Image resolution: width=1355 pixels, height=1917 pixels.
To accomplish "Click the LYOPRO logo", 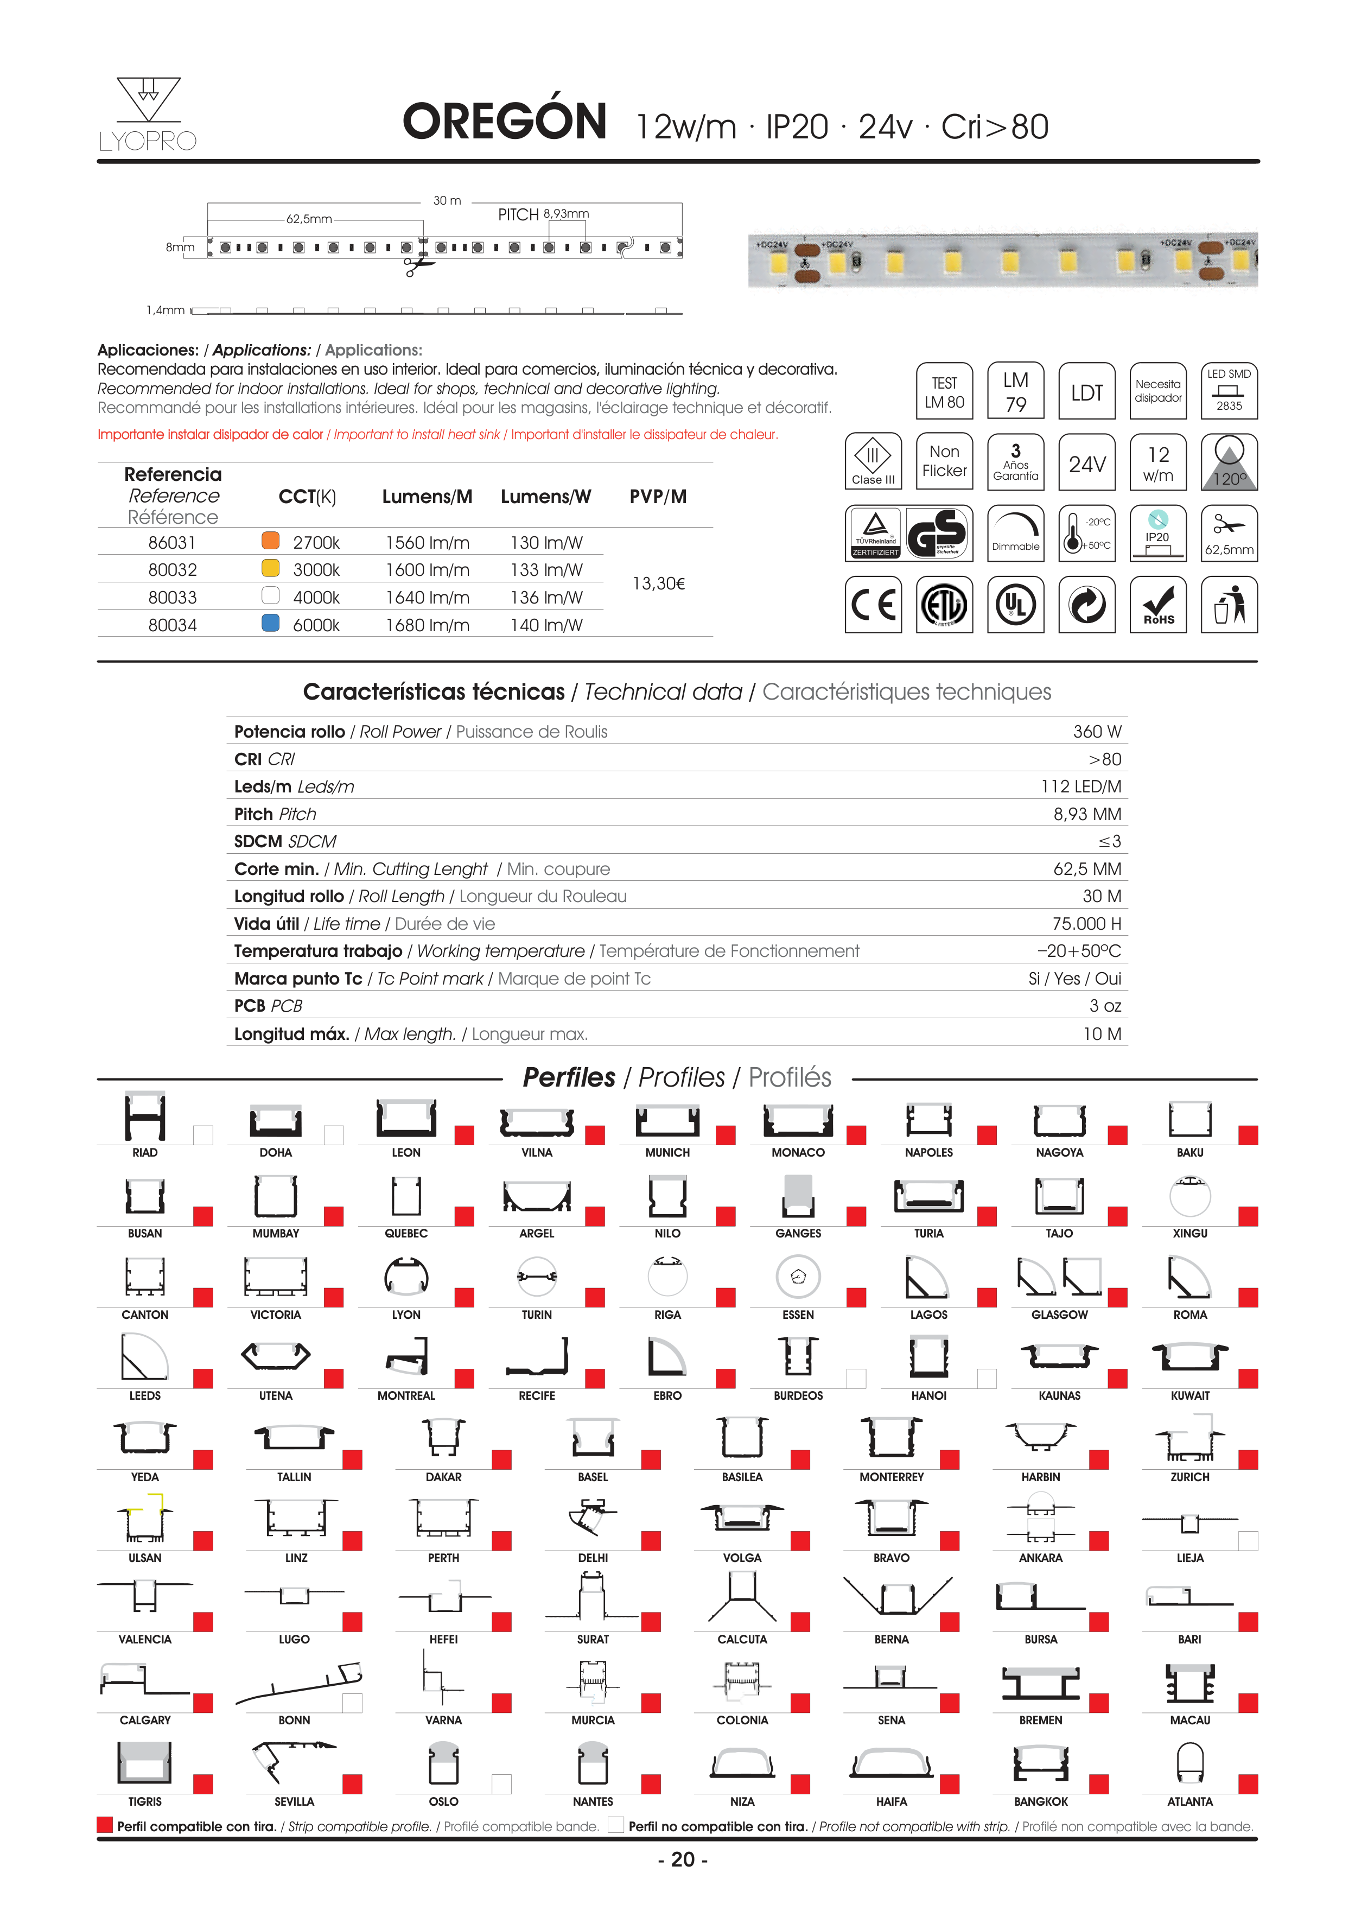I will [148, 115].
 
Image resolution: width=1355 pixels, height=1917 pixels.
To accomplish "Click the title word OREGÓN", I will [504, 122].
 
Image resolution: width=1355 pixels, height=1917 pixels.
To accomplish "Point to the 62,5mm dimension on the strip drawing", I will [309, 219].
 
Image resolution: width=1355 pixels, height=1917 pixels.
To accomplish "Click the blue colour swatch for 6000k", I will [270, 623].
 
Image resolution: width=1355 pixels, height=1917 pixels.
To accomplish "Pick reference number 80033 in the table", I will [173, 598].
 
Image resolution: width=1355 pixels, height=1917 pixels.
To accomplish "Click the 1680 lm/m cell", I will [428, 625].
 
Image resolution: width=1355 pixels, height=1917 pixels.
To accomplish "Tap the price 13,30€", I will [659, 583].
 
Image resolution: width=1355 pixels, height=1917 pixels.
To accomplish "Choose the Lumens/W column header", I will [546, 497].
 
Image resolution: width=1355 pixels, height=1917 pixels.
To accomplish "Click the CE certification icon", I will [873, 605].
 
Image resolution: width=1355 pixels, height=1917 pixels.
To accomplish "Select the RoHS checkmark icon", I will [1158, 605].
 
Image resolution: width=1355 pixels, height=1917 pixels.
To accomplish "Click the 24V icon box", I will [1087, 462].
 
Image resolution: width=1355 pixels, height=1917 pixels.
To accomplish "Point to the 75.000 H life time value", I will [1086, 923].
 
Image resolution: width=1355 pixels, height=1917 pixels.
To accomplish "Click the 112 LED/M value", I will [1080, 786].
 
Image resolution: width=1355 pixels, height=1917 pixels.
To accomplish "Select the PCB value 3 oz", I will [1104, 1006].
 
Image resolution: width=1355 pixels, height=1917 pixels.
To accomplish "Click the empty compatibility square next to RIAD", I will [203, 1135].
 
